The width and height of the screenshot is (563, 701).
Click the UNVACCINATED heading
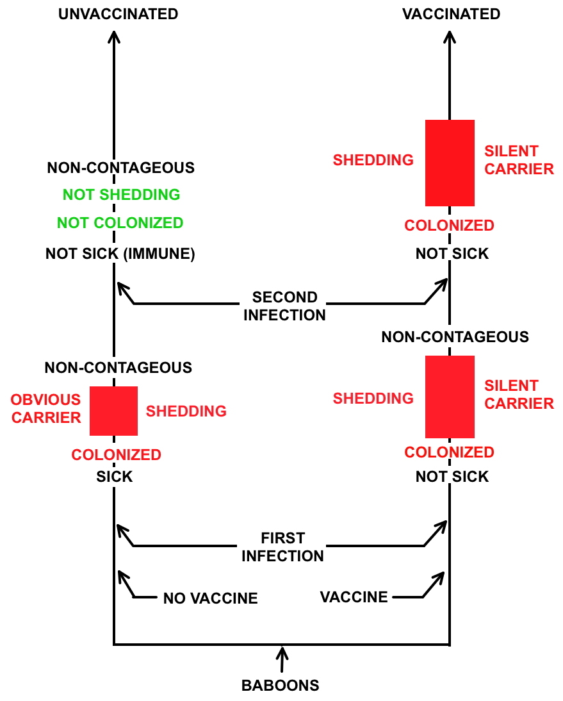pos(118,14)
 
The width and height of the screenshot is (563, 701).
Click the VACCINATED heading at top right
pos(451,14)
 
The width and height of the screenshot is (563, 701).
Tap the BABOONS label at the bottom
pos(280,685)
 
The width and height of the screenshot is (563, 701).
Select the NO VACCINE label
pos(210,598)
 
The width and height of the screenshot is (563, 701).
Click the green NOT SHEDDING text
pos(121,194)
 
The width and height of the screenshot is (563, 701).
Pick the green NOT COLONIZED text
pos(120,223)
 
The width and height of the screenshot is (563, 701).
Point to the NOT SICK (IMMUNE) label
pos(120,254)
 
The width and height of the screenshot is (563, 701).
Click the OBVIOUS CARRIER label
pos(46,409)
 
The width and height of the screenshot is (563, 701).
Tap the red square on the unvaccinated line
pos(113,411)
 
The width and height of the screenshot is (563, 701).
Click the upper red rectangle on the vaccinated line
pos(450,163)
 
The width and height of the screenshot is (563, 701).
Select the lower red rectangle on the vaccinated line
pos(450,397)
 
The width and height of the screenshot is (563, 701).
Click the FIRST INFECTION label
pos(282,547)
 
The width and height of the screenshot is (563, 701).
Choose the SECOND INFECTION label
pos(284,306)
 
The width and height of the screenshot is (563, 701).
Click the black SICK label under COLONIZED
pos(114,477)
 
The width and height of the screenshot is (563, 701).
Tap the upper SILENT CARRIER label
pos(519,160)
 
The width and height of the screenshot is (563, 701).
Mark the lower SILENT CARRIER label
pos(519,395)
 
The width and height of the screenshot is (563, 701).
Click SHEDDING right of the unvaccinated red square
pos(186,411)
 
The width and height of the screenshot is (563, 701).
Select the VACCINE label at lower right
pos(354,597)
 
